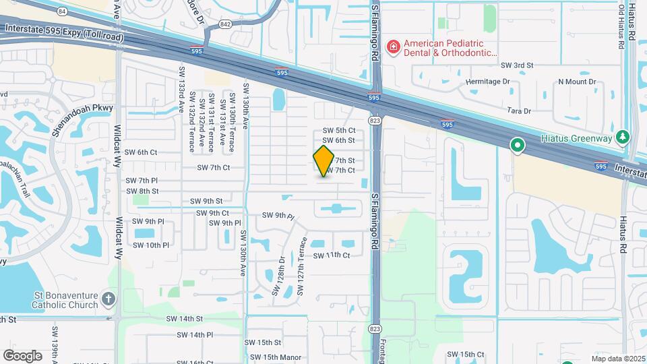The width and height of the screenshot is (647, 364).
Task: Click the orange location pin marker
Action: coord(324,160)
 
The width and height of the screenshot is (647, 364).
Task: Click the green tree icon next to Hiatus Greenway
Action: coord(623,138)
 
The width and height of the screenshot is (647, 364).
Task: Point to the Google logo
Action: coord(22,355)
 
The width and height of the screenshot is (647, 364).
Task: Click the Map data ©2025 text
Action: coord(617,359)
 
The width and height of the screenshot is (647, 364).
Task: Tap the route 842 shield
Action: coord(225,24)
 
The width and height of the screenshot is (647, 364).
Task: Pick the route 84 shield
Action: coord(63,11)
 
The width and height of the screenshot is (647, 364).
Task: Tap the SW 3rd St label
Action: coord(517,65)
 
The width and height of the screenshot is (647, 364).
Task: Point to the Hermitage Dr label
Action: coord(489,82)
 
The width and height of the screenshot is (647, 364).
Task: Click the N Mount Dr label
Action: coord(577,82)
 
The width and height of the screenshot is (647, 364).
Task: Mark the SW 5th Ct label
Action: coord(339,130)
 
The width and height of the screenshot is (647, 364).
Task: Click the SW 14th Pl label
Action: coord(195,334)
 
